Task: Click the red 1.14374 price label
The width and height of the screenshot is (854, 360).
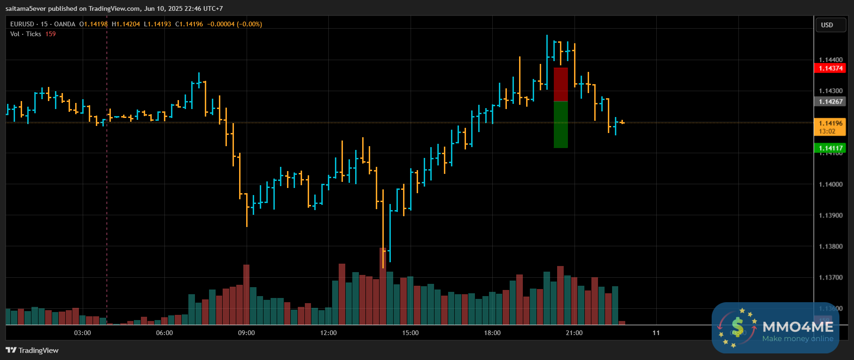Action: pos(831,68)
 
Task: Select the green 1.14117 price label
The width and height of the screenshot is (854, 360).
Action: pos(831,148)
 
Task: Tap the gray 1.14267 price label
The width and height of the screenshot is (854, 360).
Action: pos(831,102)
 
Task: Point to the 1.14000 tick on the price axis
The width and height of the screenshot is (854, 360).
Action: pos(831,184)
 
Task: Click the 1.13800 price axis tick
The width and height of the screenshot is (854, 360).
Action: pos(831,246)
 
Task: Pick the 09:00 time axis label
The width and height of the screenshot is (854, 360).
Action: pos(246,333)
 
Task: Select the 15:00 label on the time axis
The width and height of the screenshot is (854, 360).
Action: pos(410,333)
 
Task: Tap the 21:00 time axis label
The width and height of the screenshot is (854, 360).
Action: pos(574,333)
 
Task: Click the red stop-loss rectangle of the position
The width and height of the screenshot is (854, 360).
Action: pos(561,85)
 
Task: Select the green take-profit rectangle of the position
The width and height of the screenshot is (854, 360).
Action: pos(561,125)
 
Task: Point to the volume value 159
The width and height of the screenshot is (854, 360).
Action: pos(50,34)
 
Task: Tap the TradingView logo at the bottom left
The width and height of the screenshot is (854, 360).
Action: pos(32,350)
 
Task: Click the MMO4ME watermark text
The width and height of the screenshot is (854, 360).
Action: pos(798,327)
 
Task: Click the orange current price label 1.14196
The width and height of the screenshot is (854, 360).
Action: pos(831,123)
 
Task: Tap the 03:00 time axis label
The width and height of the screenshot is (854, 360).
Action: pos(82,333)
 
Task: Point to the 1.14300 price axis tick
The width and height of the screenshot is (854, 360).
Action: pos(831,91)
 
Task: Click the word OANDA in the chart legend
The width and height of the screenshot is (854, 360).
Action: pos(64,24)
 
